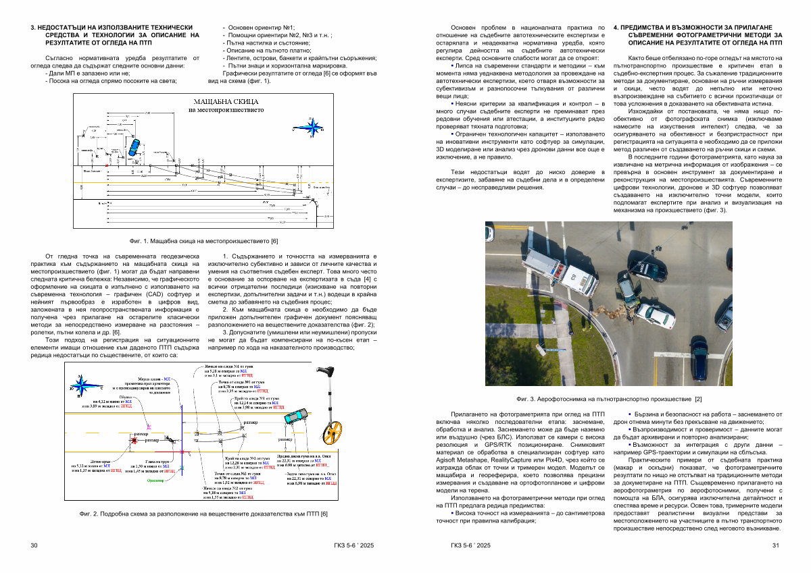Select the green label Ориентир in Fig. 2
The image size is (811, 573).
click(156, 480)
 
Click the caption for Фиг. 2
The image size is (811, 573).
click(203, 514)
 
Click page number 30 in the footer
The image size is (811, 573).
click(34, 545)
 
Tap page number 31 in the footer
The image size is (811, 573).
click(776, 545)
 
